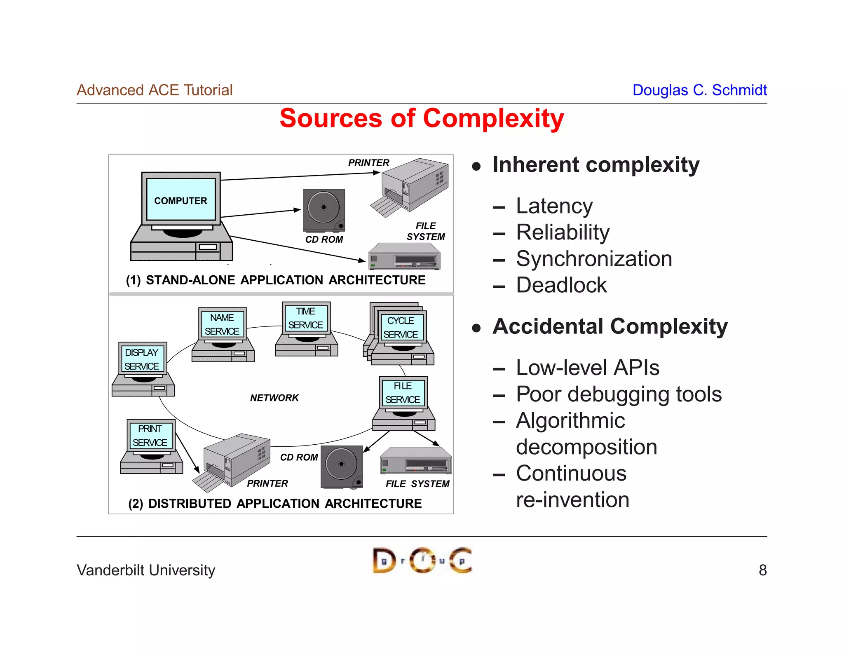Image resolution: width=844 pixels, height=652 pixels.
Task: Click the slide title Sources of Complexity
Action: [x=422, y=119]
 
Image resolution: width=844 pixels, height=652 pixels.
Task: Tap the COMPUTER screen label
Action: [x=181, y=200]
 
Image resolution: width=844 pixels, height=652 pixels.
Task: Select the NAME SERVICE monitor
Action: [x=222, y=324]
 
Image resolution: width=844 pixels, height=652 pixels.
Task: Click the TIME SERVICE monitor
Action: [x=305, y=318]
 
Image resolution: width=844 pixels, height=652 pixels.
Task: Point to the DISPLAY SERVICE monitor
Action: [x=142, y=359]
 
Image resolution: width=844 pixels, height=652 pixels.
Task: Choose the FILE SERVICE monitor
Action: [x=403, y=393]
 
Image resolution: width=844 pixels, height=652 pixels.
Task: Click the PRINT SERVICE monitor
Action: [x=150, y=436]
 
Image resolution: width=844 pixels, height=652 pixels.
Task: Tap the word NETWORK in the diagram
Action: [x=274, y=398]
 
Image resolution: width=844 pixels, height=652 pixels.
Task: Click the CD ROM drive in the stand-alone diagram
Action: [x=324, y=210]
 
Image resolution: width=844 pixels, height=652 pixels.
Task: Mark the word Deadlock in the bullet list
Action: [x=561, y=285]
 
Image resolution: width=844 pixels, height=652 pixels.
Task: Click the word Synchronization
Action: [x=594, y=259]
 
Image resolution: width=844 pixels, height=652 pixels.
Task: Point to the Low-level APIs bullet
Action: [x=587, y=368]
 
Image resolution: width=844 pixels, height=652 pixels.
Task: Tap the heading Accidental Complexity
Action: [x=610, y=326]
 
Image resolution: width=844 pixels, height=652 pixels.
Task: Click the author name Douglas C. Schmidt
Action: [x=699, y=90]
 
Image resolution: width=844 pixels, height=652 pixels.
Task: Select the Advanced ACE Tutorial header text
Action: [x=155, y=90]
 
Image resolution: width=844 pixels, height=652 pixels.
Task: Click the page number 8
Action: [x=762, y=570]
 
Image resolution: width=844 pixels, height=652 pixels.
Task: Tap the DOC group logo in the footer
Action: [x=422, y=561]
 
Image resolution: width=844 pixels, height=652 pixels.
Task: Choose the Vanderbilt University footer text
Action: [x=146, y=570]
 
